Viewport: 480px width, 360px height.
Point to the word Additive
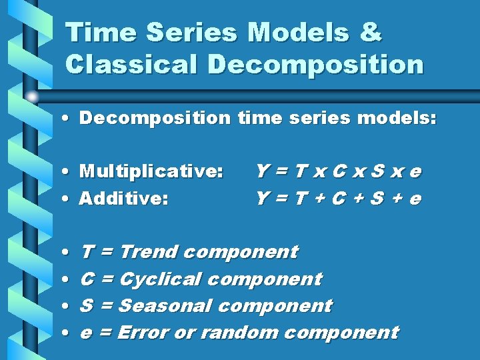123,198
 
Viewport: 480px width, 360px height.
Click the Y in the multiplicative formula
262,171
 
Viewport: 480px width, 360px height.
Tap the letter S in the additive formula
377,198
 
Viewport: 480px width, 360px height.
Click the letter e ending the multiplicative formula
415,172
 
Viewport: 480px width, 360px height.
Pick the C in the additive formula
339,198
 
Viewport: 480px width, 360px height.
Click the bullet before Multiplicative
70,172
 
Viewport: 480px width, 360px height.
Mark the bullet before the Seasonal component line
70,306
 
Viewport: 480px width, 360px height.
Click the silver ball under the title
32,97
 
